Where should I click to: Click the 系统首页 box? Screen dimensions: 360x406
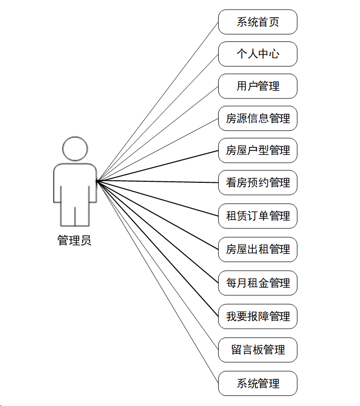pos(258,22)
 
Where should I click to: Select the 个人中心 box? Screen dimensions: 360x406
pos(258,54)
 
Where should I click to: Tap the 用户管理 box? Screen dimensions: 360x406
pos(258,86)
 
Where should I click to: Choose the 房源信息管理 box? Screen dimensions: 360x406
pos(258,119)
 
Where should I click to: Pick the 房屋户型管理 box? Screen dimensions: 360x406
pos(258,150)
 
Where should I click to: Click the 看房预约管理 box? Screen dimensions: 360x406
pos(258,183)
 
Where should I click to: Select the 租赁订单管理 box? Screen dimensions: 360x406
pos(258,216)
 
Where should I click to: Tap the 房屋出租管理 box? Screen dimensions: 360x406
pos(258,249)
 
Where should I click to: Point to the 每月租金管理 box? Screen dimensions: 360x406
pos(258,283)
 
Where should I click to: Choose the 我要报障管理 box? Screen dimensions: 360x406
pos(258,317)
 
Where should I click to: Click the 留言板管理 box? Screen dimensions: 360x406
pos(258,350)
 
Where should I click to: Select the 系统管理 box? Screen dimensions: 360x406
pos(258,383)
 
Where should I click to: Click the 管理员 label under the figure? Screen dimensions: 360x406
pos(75,240)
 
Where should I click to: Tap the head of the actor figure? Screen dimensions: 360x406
pos(75,148)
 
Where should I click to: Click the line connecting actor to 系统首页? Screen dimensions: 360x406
pos(158,101)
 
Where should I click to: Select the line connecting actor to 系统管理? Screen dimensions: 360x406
pos(158,282)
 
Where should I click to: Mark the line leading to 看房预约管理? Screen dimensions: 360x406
pos(158,182)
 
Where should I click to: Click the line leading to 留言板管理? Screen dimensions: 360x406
pos(158,266)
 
